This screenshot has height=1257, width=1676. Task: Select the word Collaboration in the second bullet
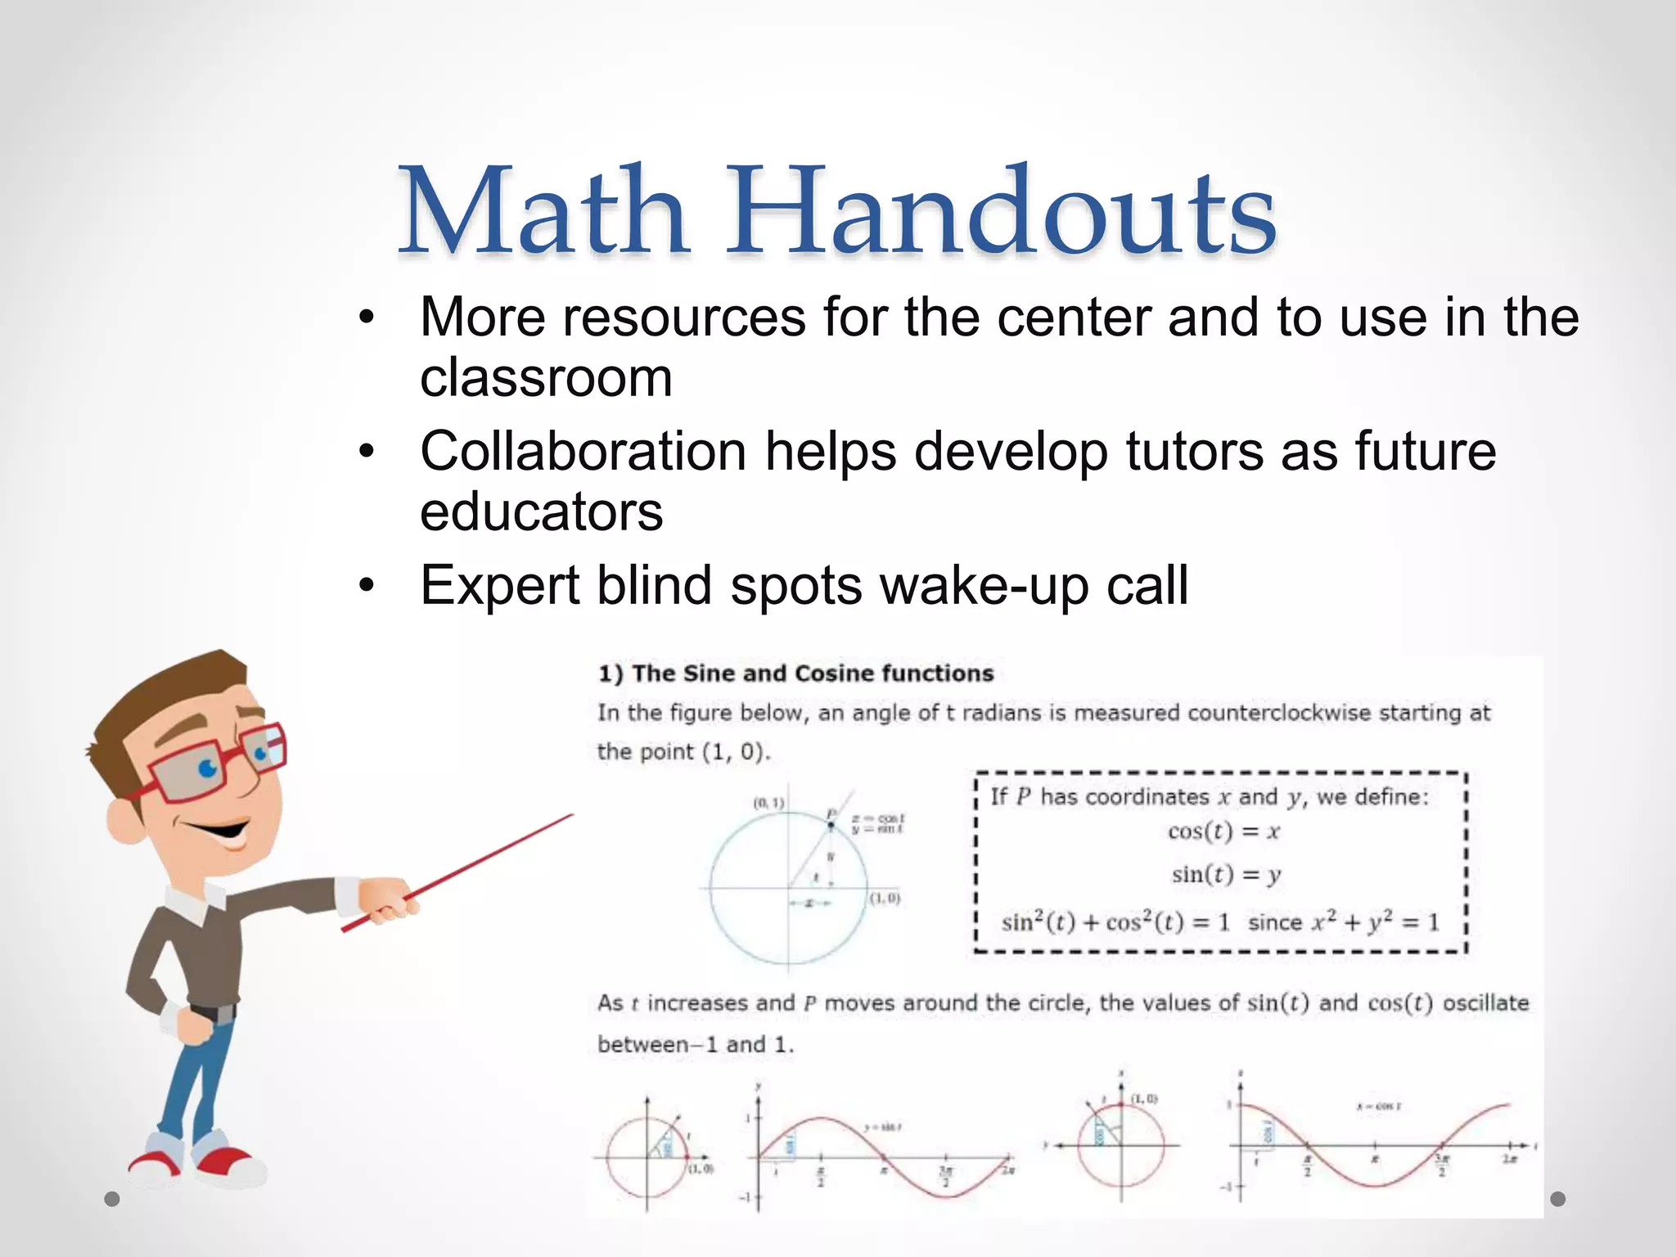pyautogui.click(x=583, y=451)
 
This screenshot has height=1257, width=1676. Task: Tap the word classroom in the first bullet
pyautogui.click(x=546, y=378)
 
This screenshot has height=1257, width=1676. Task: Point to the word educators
pyautogui.click(x=541, y=512)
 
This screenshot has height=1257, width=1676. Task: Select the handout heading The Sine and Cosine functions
pyautogui.click(x=795, y=674)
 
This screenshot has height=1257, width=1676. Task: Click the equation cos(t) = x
pyautogui.click(x=1223, y=832)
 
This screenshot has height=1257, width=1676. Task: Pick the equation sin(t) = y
pyautogui.click(x=1226, y=875)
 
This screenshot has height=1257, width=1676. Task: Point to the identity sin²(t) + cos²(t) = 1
pyautogui.click(x=1115, y=922)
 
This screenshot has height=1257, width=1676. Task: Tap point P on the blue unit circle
pyautogui.click(x=831, y=825)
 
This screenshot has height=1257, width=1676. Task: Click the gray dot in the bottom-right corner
pyautogui.click(x=1557, y=1199)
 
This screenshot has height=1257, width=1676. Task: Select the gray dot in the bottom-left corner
pyautogui.click(x=112, y=1200)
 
